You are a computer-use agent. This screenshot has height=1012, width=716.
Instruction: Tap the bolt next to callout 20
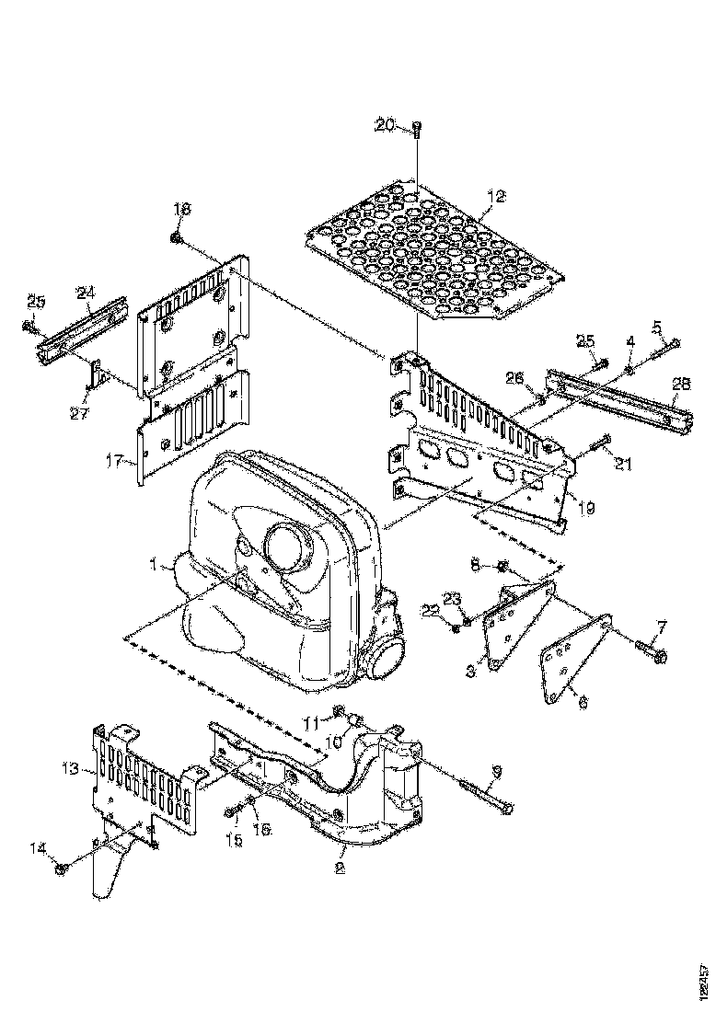(417, 129)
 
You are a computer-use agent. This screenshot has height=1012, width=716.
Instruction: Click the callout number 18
(181, 211)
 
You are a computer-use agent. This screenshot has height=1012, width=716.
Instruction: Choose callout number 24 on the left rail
(86, 293)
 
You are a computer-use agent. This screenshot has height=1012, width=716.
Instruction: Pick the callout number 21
(624, 466)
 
